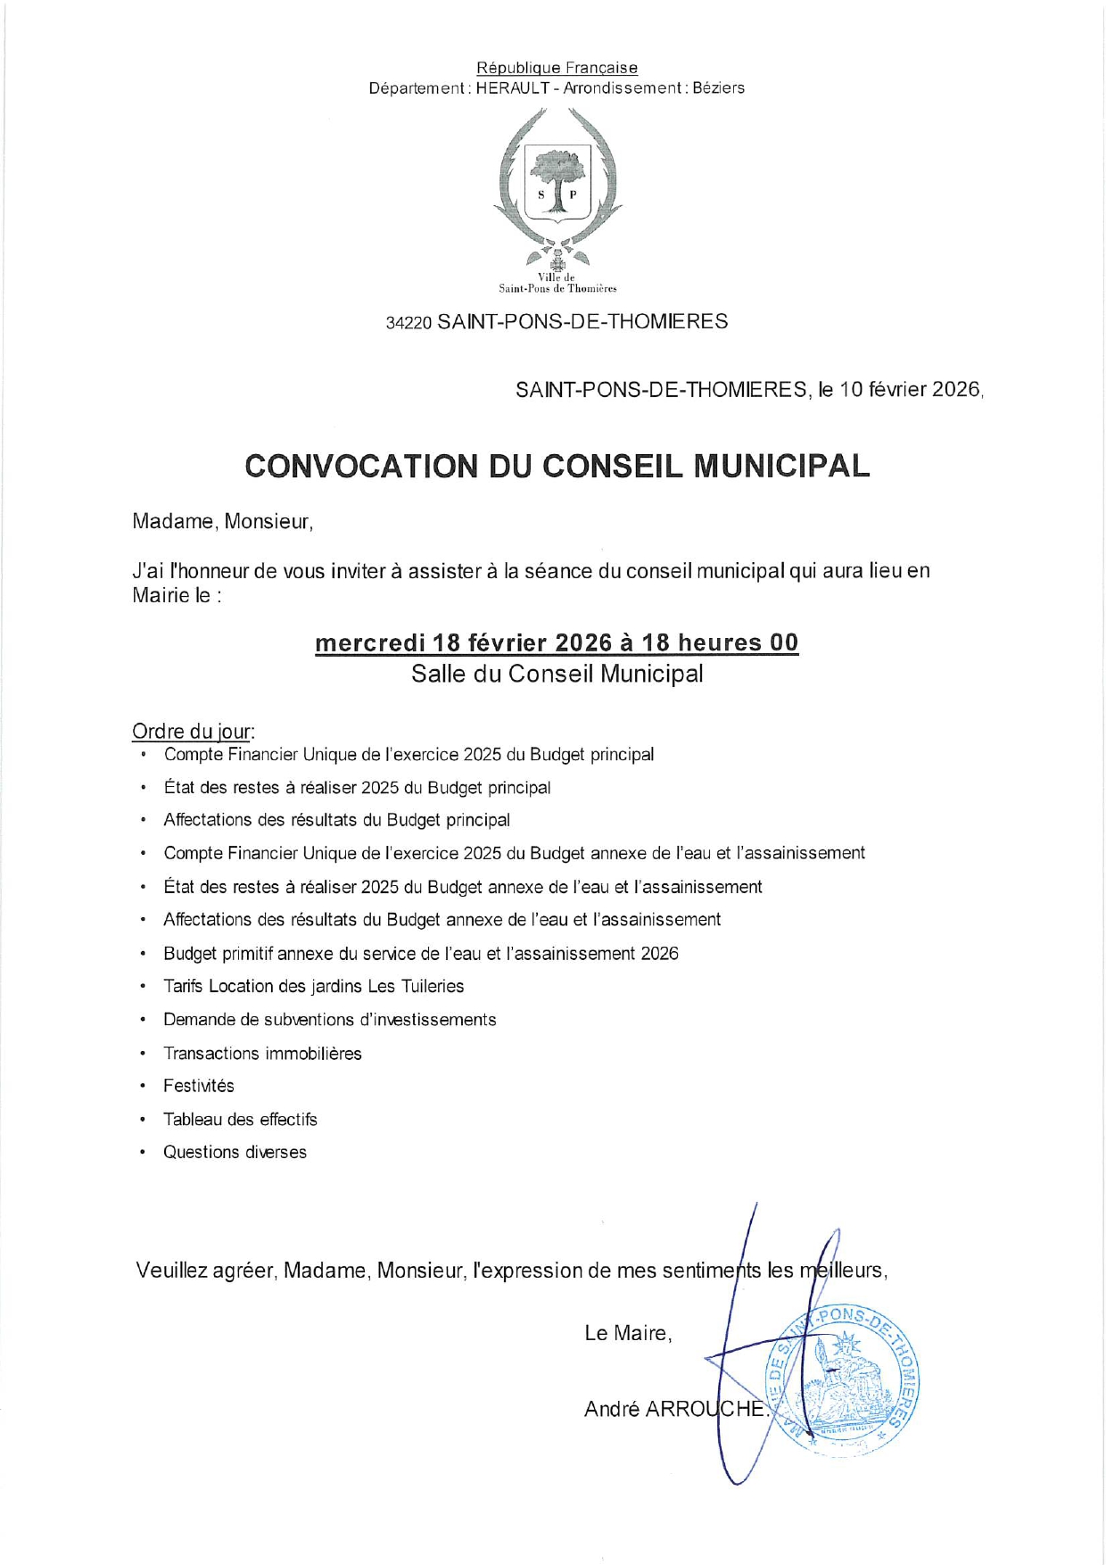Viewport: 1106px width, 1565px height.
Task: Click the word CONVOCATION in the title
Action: (x=361, y=467)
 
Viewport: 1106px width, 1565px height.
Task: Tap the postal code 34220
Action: (x=409, y=323)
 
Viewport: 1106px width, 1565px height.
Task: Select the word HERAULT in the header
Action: (x=512, y=88)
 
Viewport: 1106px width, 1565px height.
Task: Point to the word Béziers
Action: (x=718, y=88)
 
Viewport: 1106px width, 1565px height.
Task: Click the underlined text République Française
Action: (x=557, y=68)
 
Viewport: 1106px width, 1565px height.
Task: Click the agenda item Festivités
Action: (x=198, y=1086)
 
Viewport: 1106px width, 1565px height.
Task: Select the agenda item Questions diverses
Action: (x=235, y=1152)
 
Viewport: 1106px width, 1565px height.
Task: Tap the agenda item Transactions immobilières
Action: (x=262, y=1053)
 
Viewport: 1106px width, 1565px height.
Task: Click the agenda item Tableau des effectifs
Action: (x=240, y=1119)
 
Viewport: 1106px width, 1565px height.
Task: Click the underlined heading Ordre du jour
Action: (x=193, y=732)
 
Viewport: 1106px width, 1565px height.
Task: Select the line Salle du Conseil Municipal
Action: (x=557, y=674)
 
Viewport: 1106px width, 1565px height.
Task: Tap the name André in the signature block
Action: (x=612, y=1409)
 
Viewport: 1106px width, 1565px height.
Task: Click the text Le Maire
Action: (x=627, y=1333)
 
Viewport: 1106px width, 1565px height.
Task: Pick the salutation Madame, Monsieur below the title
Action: (x=222, y=522)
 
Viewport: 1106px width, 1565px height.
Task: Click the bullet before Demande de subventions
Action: (x=143, y=1020)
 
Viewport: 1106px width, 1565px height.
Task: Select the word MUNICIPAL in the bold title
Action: (x=780, y=467)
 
